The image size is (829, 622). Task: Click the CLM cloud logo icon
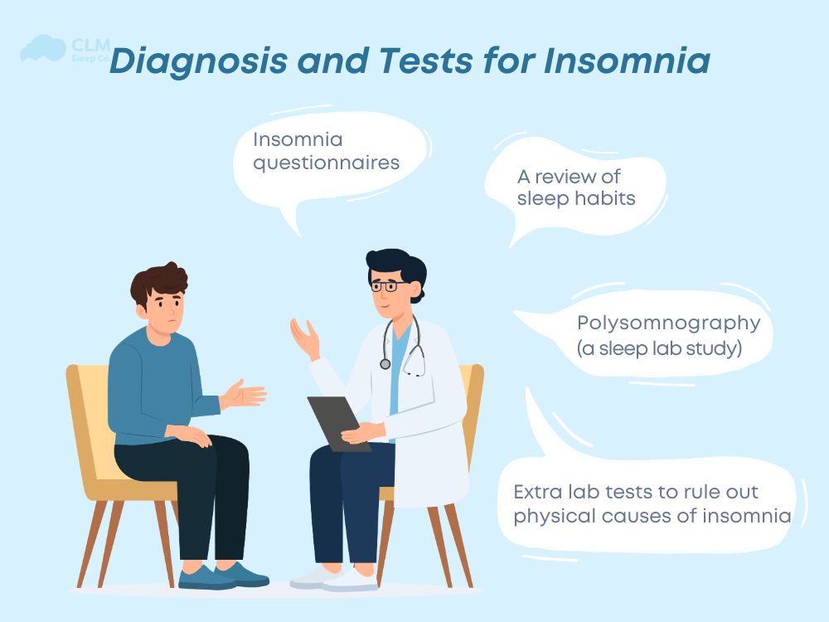[41, 48]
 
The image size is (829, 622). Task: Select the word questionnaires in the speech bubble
[326, 162]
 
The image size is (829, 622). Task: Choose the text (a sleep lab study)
[658, 348]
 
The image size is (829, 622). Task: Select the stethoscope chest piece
[385, 363]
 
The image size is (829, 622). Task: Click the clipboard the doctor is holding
[336, 421]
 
